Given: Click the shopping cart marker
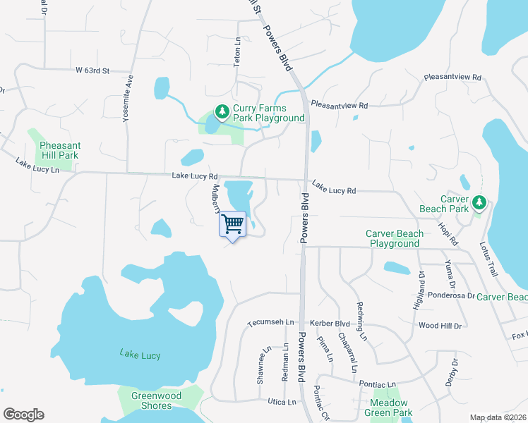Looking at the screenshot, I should pos(233,225).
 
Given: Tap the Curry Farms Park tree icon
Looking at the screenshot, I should pos(222,111).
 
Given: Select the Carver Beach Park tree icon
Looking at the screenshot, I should pos(479,203).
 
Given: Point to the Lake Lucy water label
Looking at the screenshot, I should pos(140,355).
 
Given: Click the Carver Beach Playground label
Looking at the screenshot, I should pos(395,238).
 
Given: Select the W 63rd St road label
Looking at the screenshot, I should pos(93,70).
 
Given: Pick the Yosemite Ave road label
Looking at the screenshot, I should pos(128,99).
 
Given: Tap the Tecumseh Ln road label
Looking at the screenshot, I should pos(270,322).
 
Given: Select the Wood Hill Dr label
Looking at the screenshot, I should pos(440,326).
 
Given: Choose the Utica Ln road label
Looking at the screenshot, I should pos(282,401).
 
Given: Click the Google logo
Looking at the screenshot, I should pos(23,415).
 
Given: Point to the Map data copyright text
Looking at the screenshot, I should pos(498,417).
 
